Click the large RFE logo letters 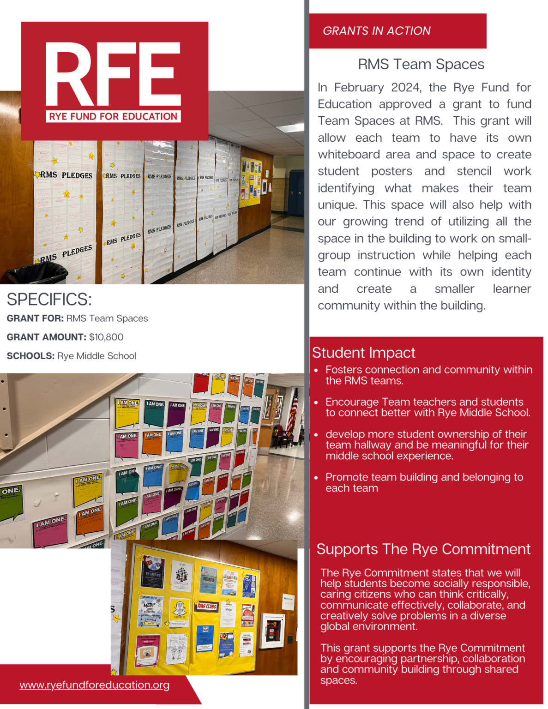tap(113, 74)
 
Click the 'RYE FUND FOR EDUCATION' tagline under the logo tap(113, 116)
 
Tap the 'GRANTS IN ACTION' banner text tap(376, 31)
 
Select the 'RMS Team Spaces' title tap(421, 64)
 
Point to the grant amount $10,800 tap(106, 337)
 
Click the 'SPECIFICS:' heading tap(49, 300)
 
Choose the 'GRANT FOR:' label tap(35, 318)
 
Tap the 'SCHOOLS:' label tap(30, 356)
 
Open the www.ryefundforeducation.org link tap(94, 685)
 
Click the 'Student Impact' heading tap(363, 353)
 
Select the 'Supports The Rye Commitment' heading tap(423, 549)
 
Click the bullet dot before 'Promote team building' tap(316, 478)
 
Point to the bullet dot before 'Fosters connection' tap(316, 370)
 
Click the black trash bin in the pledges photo tap(37, 273)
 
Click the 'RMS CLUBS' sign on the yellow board tap(207, 606)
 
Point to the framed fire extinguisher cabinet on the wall tap(272, 631)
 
